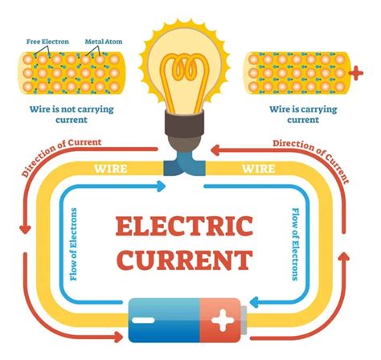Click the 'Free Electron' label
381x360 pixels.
47,42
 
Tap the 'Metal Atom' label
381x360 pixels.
104,42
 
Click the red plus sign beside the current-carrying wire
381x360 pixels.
356,73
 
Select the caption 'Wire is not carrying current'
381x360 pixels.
72,114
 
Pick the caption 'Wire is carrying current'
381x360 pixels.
303,114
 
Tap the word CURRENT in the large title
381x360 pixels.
185,260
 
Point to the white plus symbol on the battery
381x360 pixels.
222,320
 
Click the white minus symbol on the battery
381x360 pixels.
143,320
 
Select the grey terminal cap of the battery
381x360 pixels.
244,320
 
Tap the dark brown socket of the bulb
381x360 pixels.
184,123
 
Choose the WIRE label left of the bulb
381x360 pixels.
111,169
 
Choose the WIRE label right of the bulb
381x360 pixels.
259,169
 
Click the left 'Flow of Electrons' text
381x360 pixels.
73,244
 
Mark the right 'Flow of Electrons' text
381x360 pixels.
295,244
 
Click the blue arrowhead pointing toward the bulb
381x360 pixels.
162,186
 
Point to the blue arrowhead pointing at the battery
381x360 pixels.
254,302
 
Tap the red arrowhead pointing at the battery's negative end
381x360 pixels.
119,337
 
